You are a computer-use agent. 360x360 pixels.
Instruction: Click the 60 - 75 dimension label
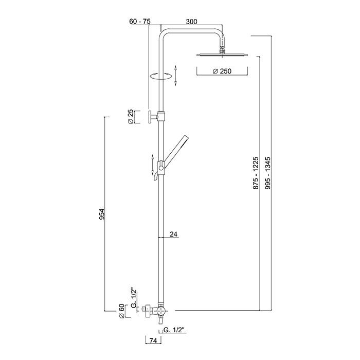[x=140, y=22]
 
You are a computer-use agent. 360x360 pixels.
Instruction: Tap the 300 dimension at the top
[x=191, y=22]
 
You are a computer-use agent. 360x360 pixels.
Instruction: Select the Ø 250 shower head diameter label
[x=222, y=71]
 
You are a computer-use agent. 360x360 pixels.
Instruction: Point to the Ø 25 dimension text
[x=131, y=117]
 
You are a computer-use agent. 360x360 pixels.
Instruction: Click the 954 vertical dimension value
[x=102, y=214]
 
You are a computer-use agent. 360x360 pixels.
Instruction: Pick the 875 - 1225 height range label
[x=256, y=173]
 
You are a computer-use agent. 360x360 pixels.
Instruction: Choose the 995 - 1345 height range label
[x=268, y=173]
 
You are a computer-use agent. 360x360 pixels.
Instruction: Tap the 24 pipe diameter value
[x=174, y=234]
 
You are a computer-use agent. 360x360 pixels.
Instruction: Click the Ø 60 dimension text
[x=121, y=311]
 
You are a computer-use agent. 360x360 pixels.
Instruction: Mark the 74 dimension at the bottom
[x=153, y=341]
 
